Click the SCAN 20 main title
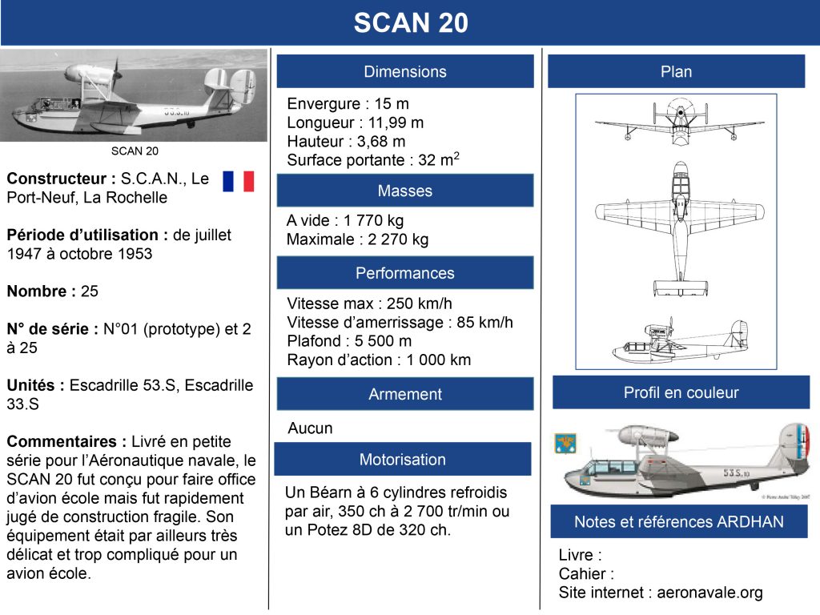click(411, 22)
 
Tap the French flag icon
click(239, 181)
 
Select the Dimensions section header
click(405, 71)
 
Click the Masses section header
click(405, 191)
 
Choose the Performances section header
click(405, 272)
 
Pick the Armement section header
click(405, 394)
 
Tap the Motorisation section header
click(403, 459)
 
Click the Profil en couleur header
click(681, 392)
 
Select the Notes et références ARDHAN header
click(679, 521)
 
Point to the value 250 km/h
click(420, 303)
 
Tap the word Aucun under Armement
click(310, 428)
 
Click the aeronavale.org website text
click(709, 593)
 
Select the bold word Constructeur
click(57, 179)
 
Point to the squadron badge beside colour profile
click(565, 444)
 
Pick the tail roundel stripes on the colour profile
click(799, 438)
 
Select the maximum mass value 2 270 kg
click(398, 239)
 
